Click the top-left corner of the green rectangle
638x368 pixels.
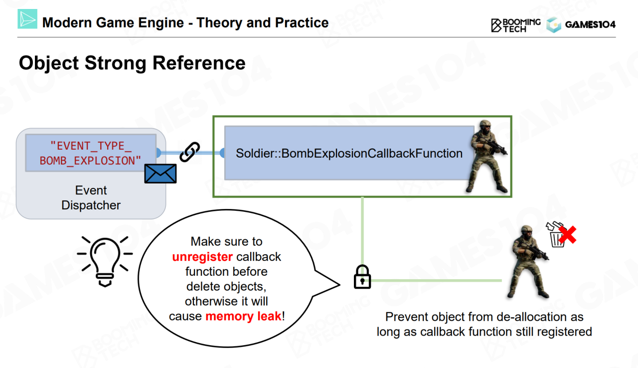(213, 116)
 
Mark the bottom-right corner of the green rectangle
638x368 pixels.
(511, 197)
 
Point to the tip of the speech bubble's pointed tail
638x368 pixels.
(340, 284)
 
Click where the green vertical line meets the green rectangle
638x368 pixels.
(362, 197)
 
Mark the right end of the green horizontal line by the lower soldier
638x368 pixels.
(502, 281)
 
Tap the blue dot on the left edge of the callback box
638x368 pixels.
(222, 153)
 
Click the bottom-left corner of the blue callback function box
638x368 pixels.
(225, 180)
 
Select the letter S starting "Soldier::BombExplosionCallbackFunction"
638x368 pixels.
(240, 153)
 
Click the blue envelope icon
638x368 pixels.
(160, 174)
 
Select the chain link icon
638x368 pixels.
(190, 152)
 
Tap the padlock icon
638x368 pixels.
(362, 277)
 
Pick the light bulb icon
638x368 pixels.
(105, 261)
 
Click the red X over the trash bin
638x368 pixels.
(567, 235)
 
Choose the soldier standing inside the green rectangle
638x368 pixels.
(487, 157)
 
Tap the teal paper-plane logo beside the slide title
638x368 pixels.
(27, 19)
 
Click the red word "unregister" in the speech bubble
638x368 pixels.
(202, 257)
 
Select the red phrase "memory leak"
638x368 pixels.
(244, 316)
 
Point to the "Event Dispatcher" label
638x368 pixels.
(91, 197)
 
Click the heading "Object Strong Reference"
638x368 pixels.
(132, 63)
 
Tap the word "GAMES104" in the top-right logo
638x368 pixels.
(590, 24)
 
